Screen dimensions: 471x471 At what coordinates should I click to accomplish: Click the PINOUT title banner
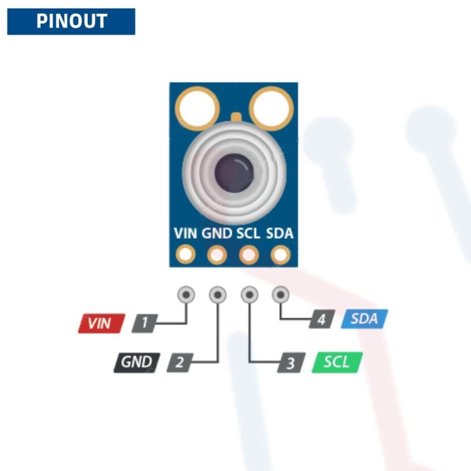[x=71, y=21]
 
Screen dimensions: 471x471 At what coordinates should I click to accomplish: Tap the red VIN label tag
[x=101, y=323]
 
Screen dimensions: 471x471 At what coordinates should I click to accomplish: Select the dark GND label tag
[x=136, y=362]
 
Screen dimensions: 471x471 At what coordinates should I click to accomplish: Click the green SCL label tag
[x=338, y=362]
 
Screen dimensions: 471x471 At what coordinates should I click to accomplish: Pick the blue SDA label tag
[x=364, y=319]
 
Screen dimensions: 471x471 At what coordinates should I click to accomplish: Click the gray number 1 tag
[x=145, y=323]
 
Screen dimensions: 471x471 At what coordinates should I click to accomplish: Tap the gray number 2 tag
[x=180, y=362]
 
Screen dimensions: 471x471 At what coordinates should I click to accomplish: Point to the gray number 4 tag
[x=321, y=320]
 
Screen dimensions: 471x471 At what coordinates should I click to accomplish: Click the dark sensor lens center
[x=234, y=173]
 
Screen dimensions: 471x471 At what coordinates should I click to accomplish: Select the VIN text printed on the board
[x=186, y=234]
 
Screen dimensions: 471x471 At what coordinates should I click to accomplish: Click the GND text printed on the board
[x=217, y=234]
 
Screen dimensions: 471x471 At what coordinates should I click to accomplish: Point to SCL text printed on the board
[x=249, y=234]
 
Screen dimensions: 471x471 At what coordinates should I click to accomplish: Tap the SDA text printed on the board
[x=280, y=234]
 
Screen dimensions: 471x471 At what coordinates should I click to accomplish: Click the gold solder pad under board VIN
[x=186, y=254]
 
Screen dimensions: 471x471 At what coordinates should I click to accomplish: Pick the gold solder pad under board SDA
[x=281, y=254]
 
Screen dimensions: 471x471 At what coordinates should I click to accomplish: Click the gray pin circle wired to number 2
[x=218, y=295]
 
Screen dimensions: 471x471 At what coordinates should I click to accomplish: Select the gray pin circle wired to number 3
[x=249, y=295]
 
